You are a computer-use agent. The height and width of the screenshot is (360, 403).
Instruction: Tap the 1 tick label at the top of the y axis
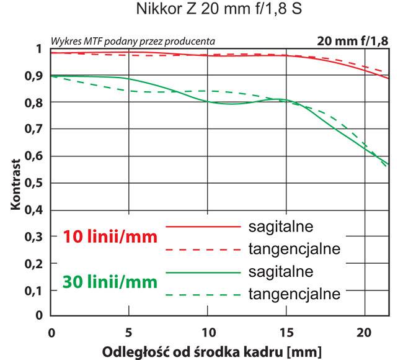pyautogui.click(x=39, y=49)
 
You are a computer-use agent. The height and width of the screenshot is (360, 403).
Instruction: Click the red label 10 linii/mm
pyautogui.click(x=110, y=236)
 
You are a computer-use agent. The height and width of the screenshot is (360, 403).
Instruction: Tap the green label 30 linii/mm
pyautogui.click(x=110, y=282)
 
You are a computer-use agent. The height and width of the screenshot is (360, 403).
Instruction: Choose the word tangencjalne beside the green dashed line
pyautogui.click(x=294, y=294)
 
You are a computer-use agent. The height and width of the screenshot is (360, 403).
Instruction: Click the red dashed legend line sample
pyautogui.click(x=202, y=250)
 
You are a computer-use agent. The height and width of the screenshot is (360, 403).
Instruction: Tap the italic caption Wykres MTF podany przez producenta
pyautogui.click(x=133, y=40)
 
